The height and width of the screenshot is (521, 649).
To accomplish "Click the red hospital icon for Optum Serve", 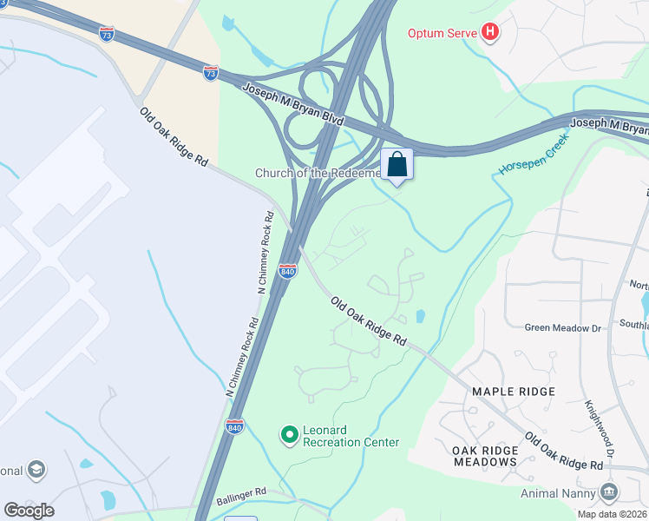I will click(x=491, y=33).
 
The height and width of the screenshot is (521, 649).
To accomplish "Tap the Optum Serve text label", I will click(x=443, y=33).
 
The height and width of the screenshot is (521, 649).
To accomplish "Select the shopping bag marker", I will click(x=397, y=165).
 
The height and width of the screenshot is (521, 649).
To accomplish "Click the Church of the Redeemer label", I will click(x=318, y=173).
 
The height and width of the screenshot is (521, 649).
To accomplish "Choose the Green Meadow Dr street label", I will click(x=563, y=327).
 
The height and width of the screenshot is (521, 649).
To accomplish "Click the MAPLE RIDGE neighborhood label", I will click(x=513, y=392).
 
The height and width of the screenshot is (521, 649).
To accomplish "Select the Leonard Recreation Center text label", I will click(x=351, y=436).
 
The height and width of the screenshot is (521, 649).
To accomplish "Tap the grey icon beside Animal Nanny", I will click(x=608, y=492).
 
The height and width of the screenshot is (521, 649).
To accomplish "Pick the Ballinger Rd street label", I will click(x=236, y=493).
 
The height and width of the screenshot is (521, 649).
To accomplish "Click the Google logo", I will click(x=29, y=511).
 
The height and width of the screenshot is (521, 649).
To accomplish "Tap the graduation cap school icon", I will click(x=36, y=470).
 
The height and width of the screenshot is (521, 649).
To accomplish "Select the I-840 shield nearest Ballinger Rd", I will click(x=234, y=426).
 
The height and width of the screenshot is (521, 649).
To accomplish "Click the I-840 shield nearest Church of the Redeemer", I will click(x=288, y=272).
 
